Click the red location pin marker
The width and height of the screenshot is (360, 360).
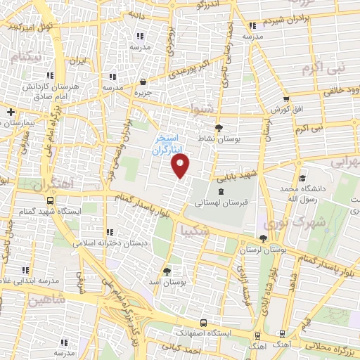181,166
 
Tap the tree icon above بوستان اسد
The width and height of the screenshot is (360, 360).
167,271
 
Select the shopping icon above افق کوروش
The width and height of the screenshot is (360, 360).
286,99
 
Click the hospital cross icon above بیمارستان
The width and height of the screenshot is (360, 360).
11,111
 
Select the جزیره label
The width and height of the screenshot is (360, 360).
143,92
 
